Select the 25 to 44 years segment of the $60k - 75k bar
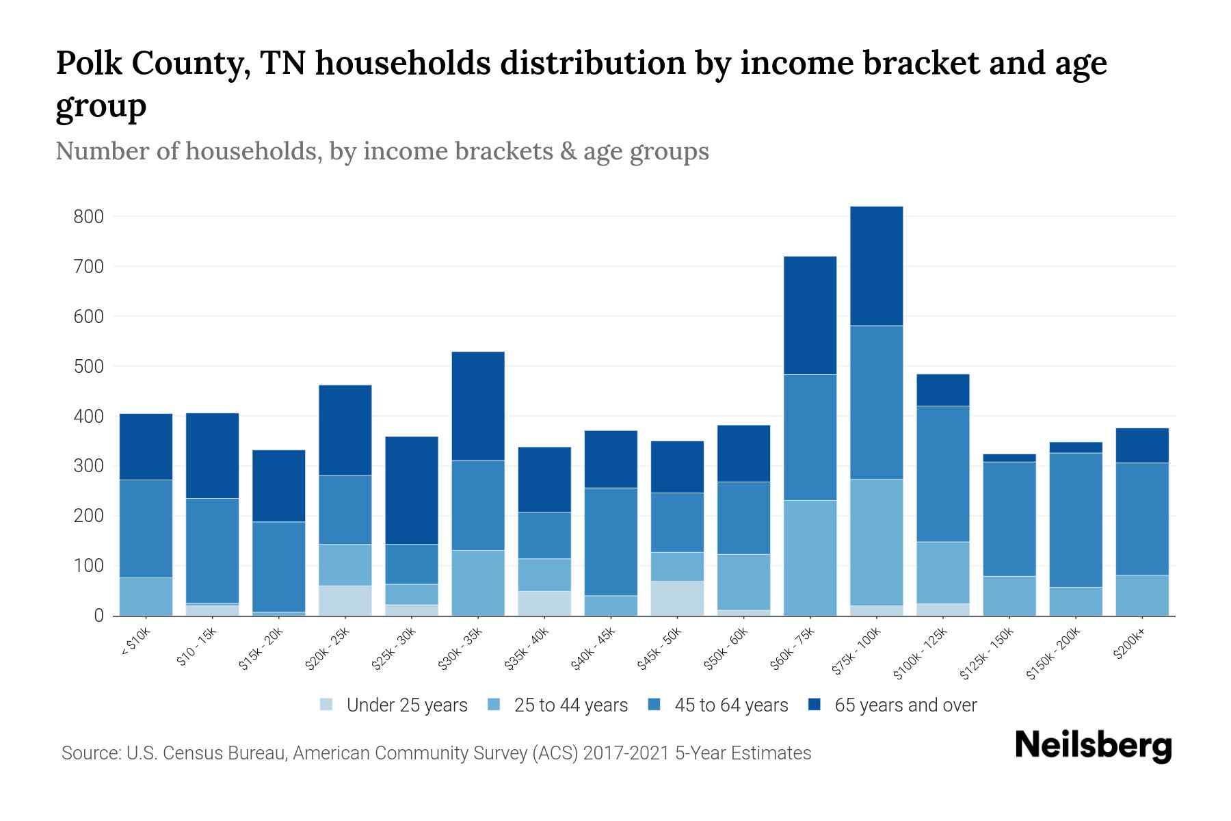coord(810,558)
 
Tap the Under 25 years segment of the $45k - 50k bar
coord(677,598)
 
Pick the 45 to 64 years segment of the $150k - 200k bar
coord(1076,520)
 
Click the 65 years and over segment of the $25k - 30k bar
coord(412,490)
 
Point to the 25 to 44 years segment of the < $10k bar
coord(146,597)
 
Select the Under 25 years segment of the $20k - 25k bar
coord(345,600)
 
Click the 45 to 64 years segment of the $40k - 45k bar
coord(611,541)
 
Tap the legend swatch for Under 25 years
coord(326,705)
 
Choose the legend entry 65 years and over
coord(905,705)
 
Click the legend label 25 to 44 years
coord(570,705)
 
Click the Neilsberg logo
coord(1093,746)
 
